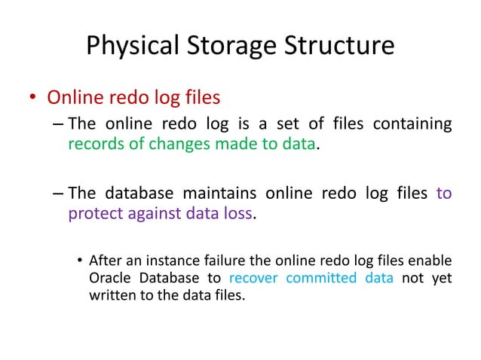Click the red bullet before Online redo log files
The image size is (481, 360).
(32, 99)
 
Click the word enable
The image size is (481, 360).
(432, 261)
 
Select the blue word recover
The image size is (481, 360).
(253, 278)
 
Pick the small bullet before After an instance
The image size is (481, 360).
(79, 261)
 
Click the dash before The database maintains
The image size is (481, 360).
(59, 194)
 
